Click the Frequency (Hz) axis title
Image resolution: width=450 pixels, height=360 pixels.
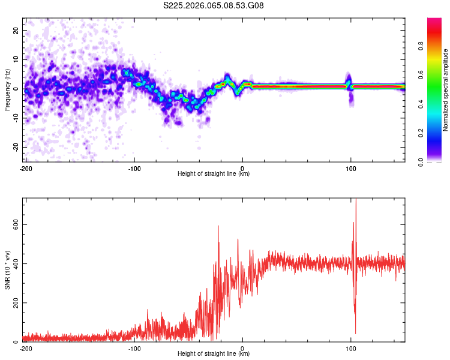tap(7, 89)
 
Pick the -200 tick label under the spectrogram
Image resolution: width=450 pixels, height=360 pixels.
tap(26, 168)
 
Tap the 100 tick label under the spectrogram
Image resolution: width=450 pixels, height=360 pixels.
tap(351, 168)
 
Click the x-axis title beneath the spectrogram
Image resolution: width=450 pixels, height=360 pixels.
tap(214, 174)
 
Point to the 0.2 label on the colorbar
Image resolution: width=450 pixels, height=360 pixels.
tap(438, 133)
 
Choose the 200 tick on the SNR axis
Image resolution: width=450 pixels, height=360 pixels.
tap(14, 304)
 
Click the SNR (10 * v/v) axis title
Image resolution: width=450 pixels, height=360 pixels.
tap(7, 270)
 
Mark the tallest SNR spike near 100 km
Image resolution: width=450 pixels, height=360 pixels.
tap(356, 200)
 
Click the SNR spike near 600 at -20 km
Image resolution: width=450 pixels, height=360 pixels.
tap(218, 226)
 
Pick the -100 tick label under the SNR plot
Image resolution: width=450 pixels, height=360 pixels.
tap(134, 348)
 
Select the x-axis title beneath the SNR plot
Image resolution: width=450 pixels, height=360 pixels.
tap(214, 354)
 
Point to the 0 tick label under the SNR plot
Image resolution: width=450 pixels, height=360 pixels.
tap(242, 348)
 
